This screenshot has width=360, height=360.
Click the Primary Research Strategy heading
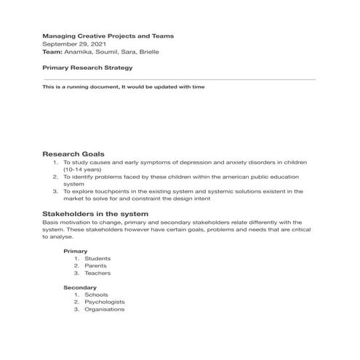(x=87, y=68)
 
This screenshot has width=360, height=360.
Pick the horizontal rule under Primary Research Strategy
(x=179, y=79)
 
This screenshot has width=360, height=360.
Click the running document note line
(x=124, y=87)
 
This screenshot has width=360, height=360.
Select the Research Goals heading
(x=73, y=154)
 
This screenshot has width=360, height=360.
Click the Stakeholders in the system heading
(x=95, y=214)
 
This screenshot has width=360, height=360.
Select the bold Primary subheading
(x=76, y=251)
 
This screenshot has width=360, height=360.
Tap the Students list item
(x=97, y=258)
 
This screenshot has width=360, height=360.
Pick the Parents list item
(x=96, y=265)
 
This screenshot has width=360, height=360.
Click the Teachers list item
(x=97, y=273)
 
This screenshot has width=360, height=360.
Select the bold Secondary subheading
(x=80, y=288)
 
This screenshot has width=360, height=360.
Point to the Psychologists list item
(x=104, y=302)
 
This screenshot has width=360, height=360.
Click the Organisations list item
(x=104, y=309)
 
